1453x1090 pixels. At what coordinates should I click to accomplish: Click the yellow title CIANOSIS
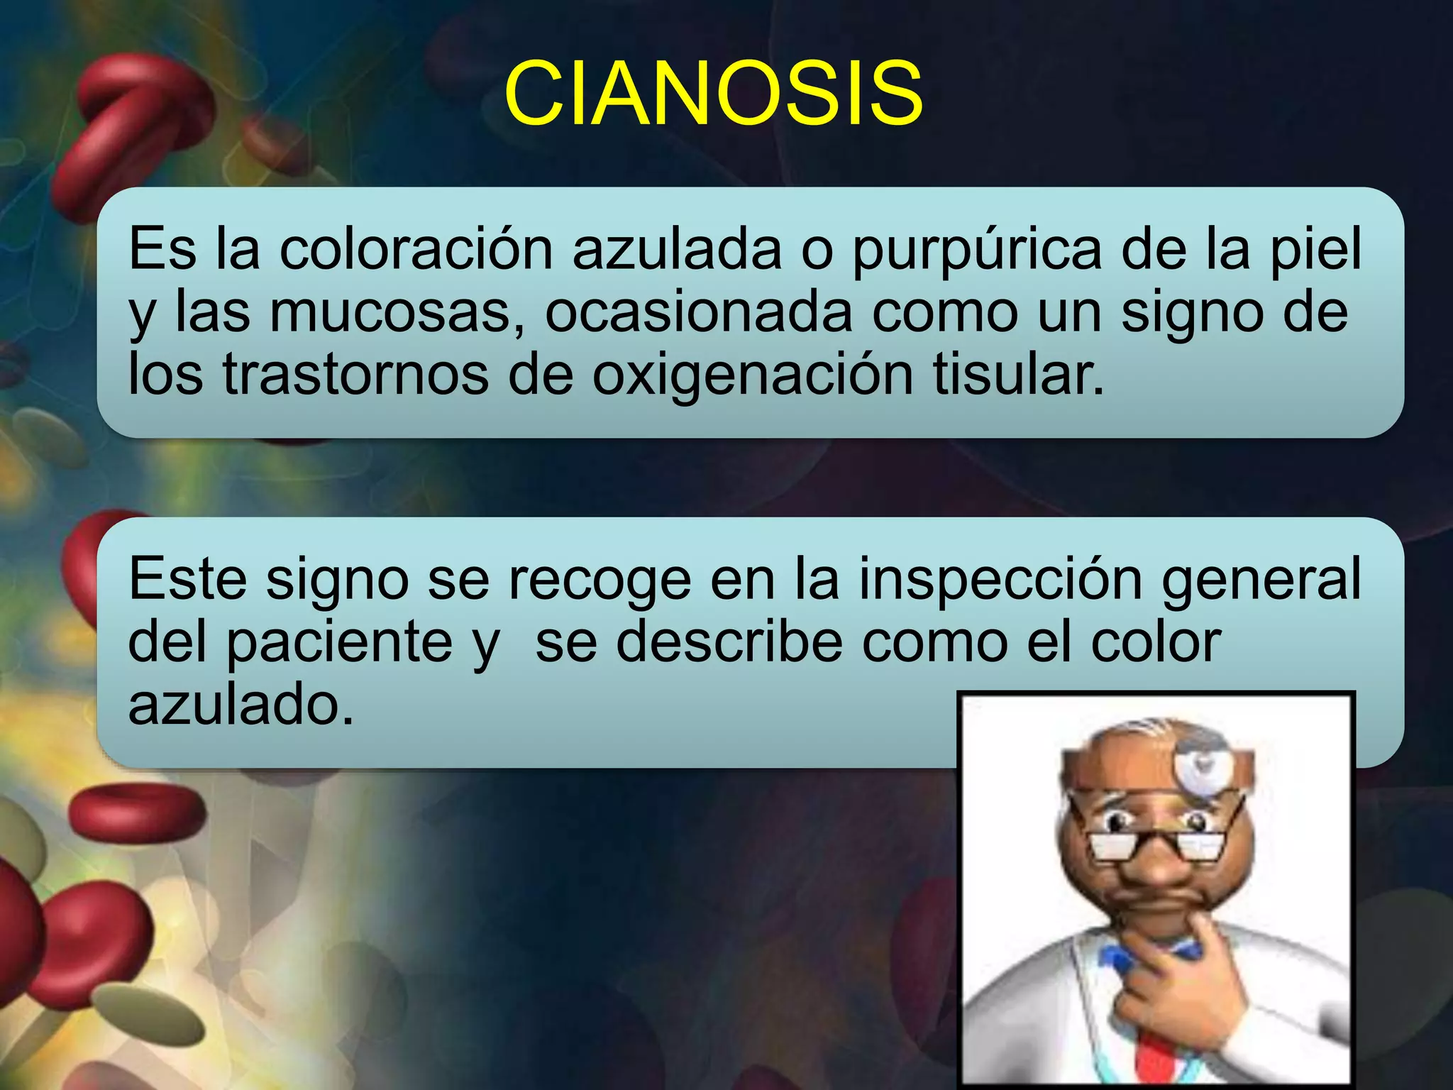[714, 93]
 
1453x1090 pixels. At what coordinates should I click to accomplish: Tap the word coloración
[416, 249]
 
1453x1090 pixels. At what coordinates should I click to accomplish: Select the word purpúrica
[977, 251]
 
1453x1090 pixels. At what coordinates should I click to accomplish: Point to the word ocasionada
[698, 312]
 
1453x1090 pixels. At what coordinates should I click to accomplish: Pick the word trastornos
[355, 374]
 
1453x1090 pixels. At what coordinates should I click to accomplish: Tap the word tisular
[1018, 374]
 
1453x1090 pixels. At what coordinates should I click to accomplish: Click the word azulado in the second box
[241, 704]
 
